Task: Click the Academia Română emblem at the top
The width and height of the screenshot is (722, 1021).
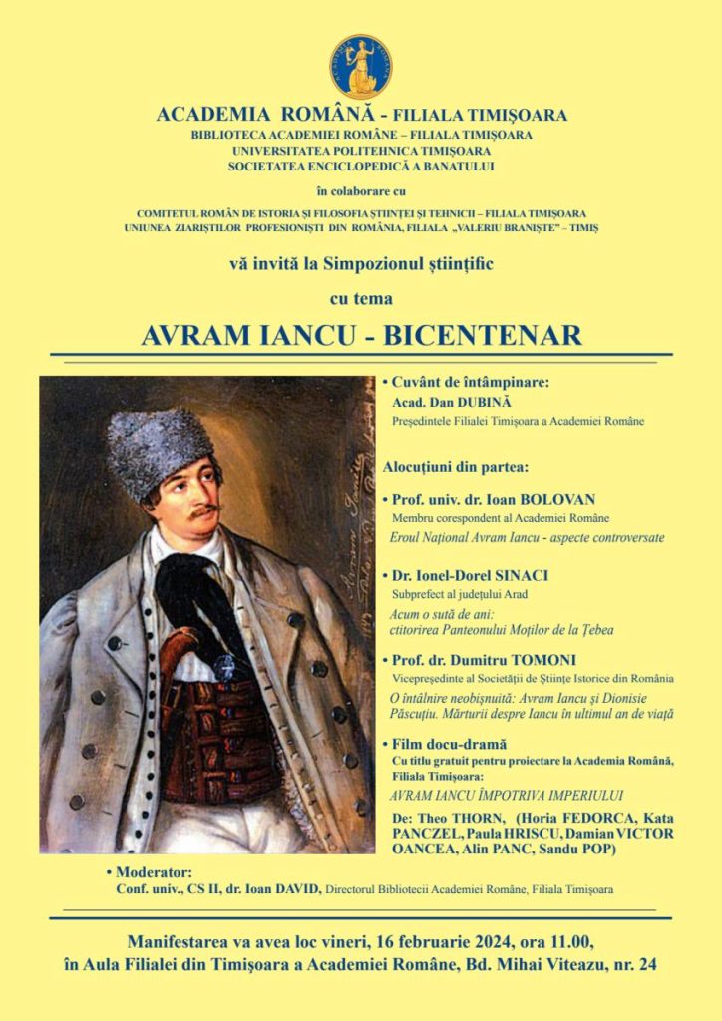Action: pos(361,66)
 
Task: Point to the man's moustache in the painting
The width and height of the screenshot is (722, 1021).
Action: pos(205,510)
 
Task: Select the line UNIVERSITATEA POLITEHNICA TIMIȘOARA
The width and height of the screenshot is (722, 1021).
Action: pos(361,150)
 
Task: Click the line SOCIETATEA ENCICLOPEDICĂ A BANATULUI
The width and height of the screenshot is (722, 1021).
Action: pos(361,166)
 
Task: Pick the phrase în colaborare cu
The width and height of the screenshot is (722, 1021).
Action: pos(361,190)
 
